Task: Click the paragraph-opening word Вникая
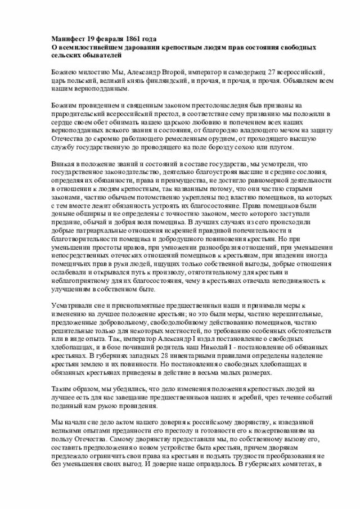(60, 164)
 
